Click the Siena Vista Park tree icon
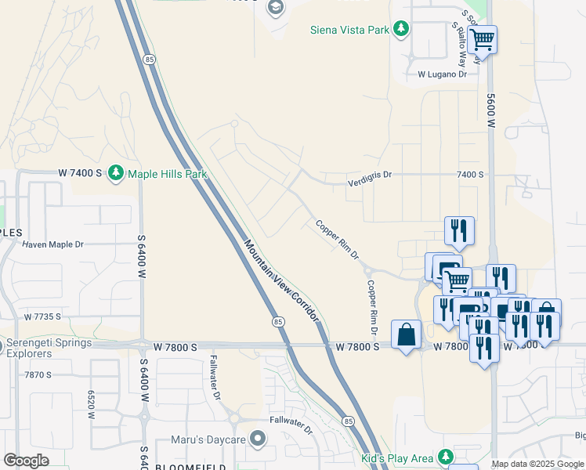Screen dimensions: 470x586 point(401,30)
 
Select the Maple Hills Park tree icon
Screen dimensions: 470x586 point(116,172)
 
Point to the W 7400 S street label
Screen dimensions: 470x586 point(80,172)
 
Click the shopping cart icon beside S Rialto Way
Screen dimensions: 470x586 point(483,39)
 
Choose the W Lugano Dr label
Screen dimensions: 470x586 point(442,74)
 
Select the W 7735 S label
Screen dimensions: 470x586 point(42,317)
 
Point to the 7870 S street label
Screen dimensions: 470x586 point(38,375)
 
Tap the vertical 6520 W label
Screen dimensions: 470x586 point(91,403)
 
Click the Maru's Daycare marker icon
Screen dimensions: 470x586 point(257,439)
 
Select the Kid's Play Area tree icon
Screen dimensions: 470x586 point(445,457)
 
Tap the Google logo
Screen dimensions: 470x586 point(26,461)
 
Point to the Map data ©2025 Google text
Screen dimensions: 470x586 point(537,464)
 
